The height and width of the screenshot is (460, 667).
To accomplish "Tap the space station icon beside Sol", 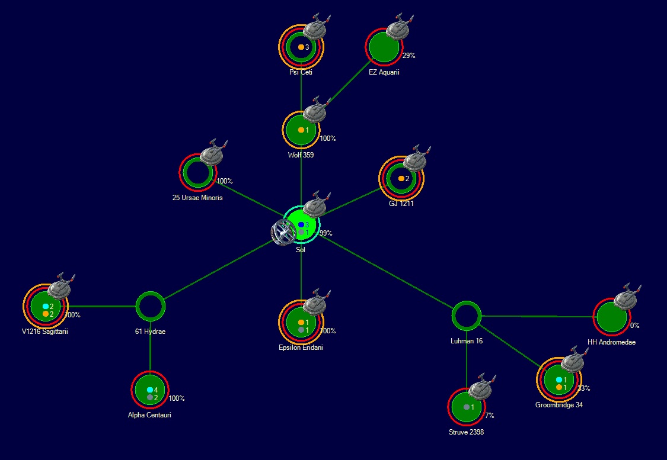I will click(x=282, y=233).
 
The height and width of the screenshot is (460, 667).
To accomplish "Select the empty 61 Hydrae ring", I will click(x=150, y=306).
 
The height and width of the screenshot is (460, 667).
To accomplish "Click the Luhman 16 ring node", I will click(x=466, y=316).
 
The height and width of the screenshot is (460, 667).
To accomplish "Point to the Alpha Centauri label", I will click(x=149, y=415).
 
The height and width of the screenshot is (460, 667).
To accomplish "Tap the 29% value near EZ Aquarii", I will click(x=409, y=56).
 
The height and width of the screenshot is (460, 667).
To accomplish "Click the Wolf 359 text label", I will click(x=301, y=155).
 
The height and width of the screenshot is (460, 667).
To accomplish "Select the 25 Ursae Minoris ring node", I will click(x=197, y=172).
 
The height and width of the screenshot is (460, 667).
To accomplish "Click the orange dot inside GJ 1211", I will click(x=401, y=178).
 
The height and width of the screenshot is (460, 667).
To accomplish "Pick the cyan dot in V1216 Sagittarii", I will click(x=46, y=307).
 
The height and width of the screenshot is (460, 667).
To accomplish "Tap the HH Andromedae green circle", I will click(x=611, y=317).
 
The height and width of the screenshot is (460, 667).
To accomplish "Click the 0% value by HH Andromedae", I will click(x=634, y=326).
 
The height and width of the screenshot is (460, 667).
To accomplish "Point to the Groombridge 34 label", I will click(x=559, y=406).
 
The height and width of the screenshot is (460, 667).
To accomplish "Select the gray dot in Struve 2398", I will click(x=467, y=407).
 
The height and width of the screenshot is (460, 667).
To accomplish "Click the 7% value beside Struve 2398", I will click(x=489, y=416).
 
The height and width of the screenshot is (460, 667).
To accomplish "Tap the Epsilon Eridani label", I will click(x=301, y=348).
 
